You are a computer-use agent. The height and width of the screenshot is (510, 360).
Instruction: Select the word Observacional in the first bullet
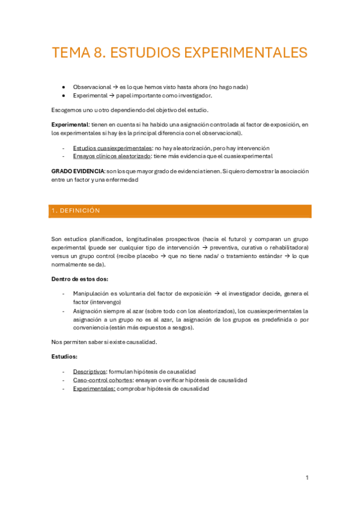91,87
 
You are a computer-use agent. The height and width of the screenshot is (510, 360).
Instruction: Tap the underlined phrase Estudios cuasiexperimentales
112,148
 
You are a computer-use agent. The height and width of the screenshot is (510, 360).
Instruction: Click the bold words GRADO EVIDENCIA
78,171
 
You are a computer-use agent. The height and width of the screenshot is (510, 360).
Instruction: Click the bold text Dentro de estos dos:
80,279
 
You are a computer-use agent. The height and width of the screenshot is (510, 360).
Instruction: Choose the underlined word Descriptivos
90,372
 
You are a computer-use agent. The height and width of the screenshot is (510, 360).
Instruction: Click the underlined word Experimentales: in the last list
94,389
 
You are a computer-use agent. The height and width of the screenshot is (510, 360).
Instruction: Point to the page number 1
307,478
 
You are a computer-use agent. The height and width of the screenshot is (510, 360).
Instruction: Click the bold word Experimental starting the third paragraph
70,124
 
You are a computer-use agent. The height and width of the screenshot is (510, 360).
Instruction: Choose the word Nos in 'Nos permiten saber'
57,342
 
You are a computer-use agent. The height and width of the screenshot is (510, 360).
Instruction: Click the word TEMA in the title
70,52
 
